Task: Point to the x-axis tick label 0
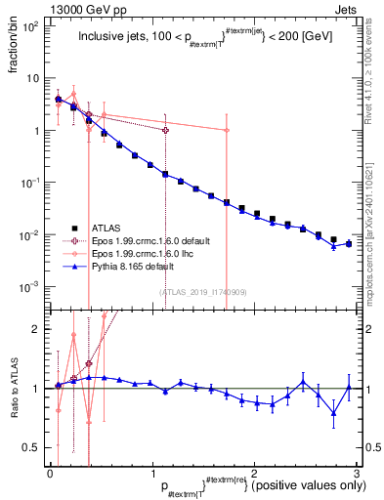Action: pyautogui.click(x=51, y=474)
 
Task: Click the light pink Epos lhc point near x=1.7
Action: pyautogui.click(x=227, y=130)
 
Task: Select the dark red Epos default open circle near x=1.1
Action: pyautogui.click(x=165, y=130)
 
